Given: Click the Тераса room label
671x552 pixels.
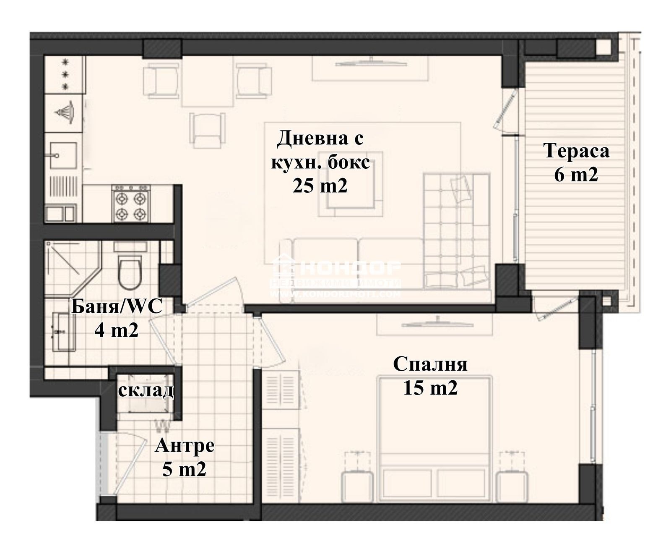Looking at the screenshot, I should tap(576, 151).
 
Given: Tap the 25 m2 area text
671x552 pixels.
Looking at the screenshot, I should tap(320, 186).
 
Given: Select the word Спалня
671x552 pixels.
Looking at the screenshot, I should tap(430, 364).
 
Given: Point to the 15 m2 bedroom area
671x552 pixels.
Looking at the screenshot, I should tap(430, 388).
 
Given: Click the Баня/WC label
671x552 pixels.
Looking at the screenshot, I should tap(116, 307).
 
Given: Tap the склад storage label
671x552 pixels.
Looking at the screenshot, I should tap(145, 390).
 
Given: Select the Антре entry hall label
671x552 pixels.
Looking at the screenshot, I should tap(185, 446).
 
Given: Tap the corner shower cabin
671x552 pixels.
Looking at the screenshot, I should tap(69, 267).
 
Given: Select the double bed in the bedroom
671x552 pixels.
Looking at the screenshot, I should tap(434, 439).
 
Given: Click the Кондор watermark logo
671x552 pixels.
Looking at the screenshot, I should tap(335, 275).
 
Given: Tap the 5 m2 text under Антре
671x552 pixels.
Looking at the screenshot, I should tap(185, 469).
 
